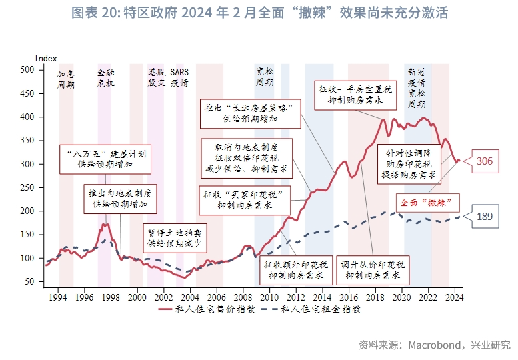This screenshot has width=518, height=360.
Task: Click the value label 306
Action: (485, 161)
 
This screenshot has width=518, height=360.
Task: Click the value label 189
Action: (485, 216)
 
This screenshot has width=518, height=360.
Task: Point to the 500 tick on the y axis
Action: (27, 69)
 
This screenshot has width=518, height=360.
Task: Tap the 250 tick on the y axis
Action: (27, 187)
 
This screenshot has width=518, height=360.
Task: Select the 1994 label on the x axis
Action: (58, 297)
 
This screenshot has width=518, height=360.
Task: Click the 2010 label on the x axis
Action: (270, 297)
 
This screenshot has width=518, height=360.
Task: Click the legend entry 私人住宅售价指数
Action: (201, 309)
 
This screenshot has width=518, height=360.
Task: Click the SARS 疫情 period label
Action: (179, 77)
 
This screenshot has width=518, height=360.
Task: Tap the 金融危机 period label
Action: (105, 77)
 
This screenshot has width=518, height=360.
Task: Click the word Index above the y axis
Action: (46, 59)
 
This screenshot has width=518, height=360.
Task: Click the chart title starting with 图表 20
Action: (259, 13)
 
